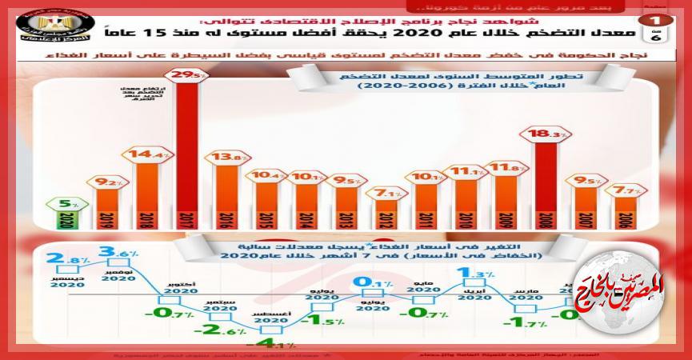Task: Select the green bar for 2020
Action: (62, 218)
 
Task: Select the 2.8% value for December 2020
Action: (62, 258)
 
